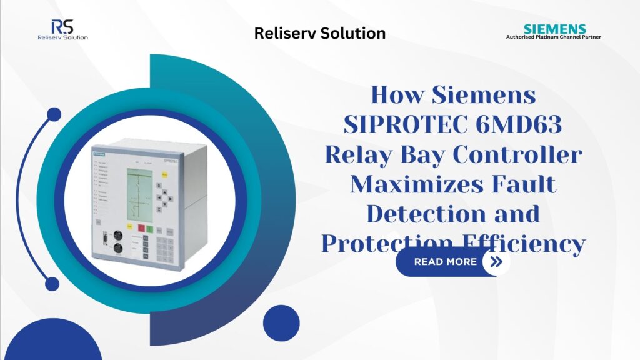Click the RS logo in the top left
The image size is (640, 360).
point(62,29)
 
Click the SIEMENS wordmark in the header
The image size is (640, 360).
point(555,29)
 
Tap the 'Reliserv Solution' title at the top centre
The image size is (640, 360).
point(319,33)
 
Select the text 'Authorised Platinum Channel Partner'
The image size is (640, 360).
point(553,37)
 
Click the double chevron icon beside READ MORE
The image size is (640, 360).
point(496,262)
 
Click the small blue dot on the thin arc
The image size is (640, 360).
point(54,114)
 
